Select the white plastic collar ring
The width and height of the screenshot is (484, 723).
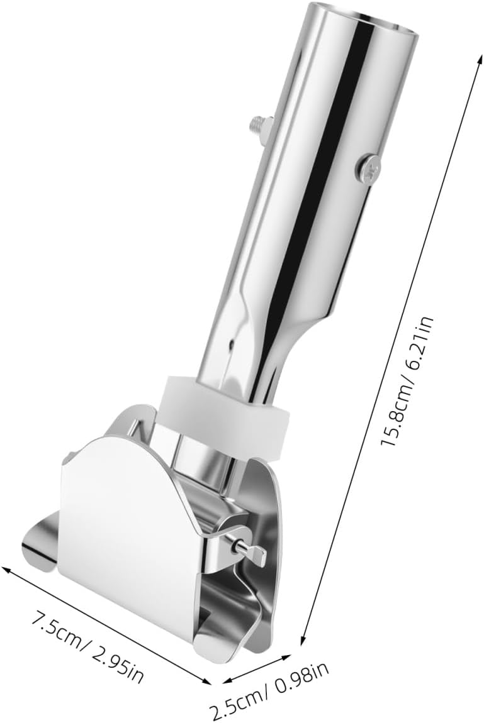click(x=225, y=411)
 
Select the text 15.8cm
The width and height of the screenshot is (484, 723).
click(x=397, y=414)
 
